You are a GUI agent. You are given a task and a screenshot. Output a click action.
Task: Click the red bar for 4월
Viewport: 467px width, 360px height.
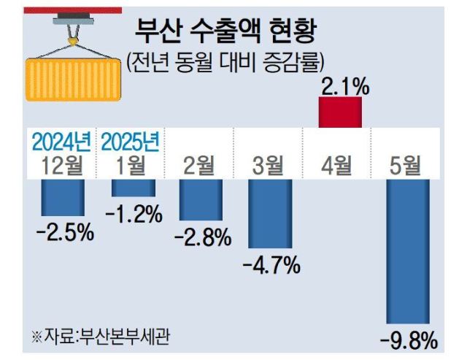tap(340, 112)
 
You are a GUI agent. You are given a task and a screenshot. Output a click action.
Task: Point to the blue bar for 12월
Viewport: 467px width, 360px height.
tap(63, 196)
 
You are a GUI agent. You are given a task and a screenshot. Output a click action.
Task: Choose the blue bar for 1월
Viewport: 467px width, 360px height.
tap(133, 187)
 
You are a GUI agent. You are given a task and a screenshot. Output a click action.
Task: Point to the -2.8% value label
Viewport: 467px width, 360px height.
tap(202, 237)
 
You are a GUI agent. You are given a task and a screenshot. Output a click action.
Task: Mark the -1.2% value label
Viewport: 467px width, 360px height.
tap(134, 214)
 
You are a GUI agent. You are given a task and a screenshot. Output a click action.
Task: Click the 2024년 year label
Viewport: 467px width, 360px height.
tap(62, 140)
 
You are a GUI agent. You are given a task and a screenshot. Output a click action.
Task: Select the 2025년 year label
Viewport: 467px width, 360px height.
tap(132, 140)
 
